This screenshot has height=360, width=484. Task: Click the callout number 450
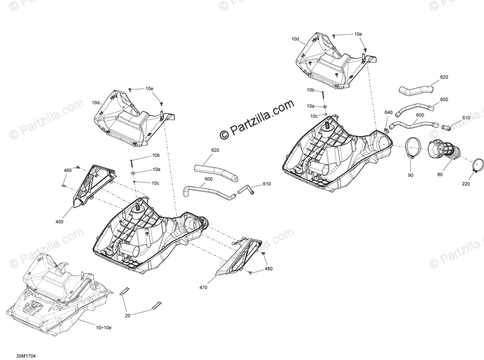59,222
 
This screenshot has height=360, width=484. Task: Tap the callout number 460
68,170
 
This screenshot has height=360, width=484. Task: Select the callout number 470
203,288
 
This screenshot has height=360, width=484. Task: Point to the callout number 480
268,269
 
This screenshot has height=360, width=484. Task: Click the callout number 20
128,315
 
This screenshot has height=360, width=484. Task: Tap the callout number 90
410,175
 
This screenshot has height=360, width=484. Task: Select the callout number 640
388,113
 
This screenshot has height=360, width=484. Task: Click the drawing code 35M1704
26,356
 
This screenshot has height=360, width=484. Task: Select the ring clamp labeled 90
414,148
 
